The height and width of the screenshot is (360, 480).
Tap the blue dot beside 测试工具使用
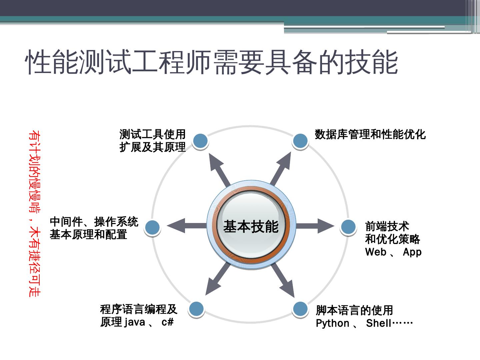pyautogui.click(x=200, y=141)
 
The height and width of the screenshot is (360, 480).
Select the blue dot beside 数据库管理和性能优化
pyautogui.click(x=300, y=141)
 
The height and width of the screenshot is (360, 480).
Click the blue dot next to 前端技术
pyautogui.click(x=348, y=227)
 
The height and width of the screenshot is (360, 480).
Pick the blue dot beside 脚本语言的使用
pyautogui.click(x=300, y=309)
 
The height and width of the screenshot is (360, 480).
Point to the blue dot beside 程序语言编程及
pyautogui.click(x=196, y=309)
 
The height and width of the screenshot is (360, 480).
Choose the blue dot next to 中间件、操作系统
pyautogui.click(x=153, y=227)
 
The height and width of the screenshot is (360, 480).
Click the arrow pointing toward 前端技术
pyautogui.click(x=315, y=226)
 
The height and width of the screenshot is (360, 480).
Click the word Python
pyautogui.click(x=332, y=323)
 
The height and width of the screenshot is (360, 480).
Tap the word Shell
pyautogui.click(x=378, y=323)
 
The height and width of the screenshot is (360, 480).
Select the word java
pyautogui.click(x=134, y=322)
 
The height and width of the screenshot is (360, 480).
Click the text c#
pyautogui.click(x=168, y=322)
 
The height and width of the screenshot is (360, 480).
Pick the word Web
pyautogui.click(x=376, y=252)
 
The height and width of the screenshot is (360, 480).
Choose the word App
pyautogui.click(x=412, y=252)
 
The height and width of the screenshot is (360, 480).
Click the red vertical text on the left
pyautogui.click(x=34, y=213)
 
